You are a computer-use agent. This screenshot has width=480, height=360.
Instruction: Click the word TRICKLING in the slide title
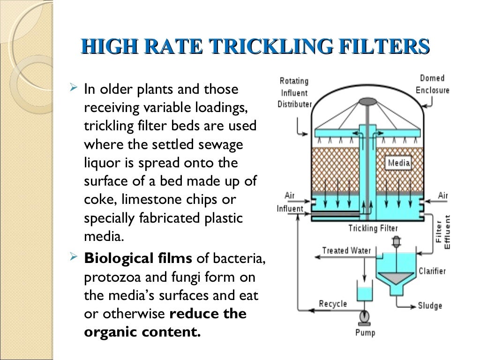click(x=263, y=47)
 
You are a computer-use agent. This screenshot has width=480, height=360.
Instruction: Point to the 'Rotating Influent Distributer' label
click(x=294, y=92)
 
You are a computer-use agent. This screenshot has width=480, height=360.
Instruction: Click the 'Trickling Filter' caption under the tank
click(x=373, y=229)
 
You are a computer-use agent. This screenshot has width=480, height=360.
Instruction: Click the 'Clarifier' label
click(x=432, y=271)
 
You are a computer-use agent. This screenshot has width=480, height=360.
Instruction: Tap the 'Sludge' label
click(x=430, y=306)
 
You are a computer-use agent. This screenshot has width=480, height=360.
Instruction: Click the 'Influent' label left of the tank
click(x=290, y=209)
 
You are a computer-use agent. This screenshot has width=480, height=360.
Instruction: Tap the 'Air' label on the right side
click(x=443, y=195)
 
